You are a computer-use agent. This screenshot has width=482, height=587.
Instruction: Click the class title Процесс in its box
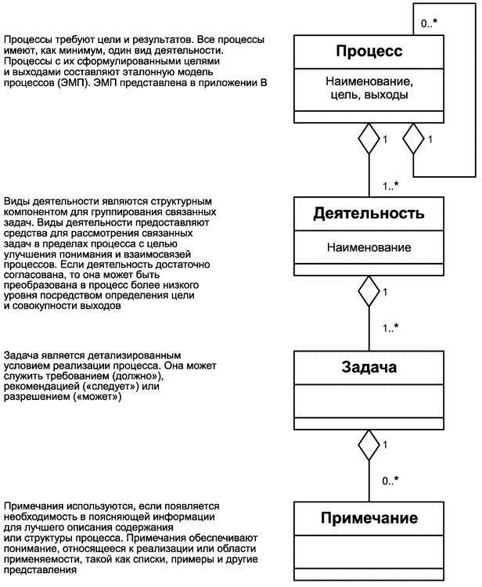tap(369, 52)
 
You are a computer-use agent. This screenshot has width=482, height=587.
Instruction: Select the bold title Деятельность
tap(369, 213)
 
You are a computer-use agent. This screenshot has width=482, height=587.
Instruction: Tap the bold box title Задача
tap(369, 368)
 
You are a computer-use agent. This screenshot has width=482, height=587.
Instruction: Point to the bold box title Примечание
tap(369, 518)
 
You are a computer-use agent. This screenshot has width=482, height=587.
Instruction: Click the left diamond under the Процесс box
tap(369, 142)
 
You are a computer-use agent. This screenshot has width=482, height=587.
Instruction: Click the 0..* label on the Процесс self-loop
tap(428, 23)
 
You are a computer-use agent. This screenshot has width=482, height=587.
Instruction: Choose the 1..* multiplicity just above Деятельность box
tap(391, 186)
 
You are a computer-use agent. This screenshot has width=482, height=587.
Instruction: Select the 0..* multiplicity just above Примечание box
tap(391, 481)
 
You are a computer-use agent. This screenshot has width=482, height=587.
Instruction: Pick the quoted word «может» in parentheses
tap(96, 398)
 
